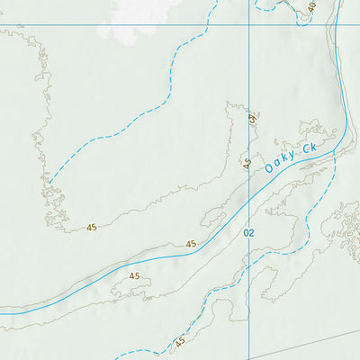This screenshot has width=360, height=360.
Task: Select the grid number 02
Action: (249, 232)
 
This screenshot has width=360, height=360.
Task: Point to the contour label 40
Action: (311, 7)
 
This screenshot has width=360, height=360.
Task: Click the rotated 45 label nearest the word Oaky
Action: (246, 163)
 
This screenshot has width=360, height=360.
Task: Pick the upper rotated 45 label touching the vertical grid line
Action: (253, 118)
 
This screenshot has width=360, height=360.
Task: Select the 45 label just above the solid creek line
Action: (190, 244)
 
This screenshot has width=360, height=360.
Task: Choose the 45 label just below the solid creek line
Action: (135, 276)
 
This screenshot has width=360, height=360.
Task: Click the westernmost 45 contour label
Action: (92, 228)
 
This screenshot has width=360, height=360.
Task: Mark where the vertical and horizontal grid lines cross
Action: (250, 25)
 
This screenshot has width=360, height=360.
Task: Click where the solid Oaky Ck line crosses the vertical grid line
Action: (250, 200)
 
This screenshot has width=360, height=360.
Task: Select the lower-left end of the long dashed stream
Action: (49, 183)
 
